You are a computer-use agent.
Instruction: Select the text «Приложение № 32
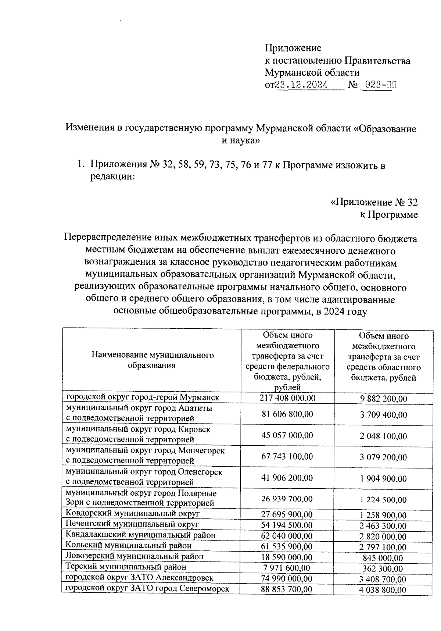pos(374,202)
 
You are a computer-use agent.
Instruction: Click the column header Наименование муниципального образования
pos(153,360)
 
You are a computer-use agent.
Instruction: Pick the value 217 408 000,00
pos(287,398)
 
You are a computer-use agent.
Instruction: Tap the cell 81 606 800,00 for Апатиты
pos(287,414)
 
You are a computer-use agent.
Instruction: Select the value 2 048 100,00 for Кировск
pos(383,436)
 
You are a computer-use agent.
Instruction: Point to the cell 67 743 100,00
pos(287,456)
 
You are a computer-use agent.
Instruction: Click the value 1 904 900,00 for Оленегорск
pos(383,479)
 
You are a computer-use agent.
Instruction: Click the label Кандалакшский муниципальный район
pos(140,535)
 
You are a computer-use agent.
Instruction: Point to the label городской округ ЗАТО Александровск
pos(139,578)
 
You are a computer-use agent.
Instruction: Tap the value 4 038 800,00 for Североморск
pos(383,590)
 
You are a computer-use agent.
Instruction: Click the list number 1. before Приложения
pos(80,165)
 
